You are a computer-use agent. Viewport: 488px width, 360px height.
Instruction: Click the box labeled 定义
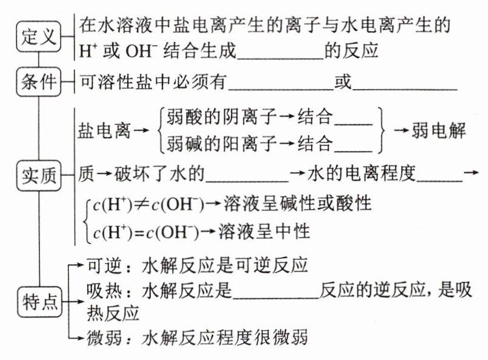pyautogui.click(x=38, y=36)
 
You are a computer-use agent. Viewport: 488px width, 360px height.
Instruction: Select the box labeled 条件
pyautogui.click(x=38, y=83)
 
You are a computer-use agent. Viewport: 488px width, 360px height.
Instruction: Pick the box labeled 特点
pyautogui.click(x=38, y=301)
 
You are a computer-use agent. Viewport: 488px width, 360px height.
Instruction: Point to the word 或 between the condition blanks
pyautogui.click(x=343, y=82)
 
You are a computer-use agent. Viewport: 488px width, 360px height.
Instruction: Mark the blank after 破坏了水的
pyautogui.click(x=249, y=176)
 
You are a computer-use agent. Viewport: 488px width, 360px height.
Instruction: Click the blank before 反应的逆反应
pyautogui.click(x=276, y=295)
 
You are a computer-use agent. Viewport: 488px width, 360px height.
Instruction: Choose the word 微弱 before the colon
pyautogui.click(x=107, y=337)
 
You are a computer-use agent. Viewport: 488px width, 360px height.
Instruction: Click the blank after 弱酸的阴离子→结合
pyautogui.click(x=354, y=119)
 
